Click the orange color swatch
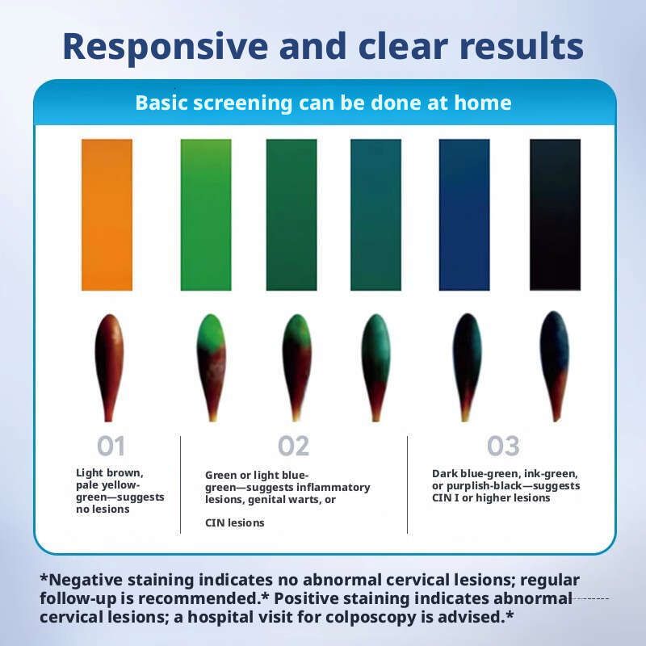coord(107,215)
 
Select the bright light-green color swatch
coord(206,215)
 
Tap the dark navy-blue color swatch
coord(464,215)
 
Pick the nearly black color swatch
coord(555,215)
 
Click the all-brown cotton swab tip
coord(109,367)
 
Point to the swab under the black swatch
coord(555,366)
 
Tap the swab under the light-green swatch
coord(212,367)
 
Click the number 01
coord(111,446)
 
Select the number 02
coord(293,446)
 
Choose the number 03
coord(503,446)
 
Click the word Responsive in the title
coord(166,46)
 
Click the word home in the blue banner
coord(482,103)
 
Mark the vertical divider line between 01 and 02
coord(180,484)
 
